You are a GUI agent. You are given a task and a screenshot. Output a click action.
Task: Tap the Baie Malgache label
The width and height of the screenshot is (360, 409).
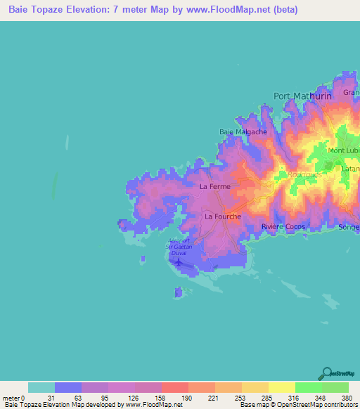coord(238,131)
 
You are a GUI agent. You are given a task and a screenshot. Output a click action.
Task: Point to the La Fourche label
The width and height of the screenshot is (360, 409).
coord(223,216)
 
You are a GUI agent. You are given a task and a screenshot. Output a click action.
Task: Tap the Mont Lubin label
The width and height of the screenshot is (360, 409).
coord(344,150)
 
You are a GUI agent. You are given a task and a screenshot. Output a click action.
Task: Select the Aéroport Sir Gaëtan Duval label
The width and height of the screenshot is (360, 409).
coord(179,247)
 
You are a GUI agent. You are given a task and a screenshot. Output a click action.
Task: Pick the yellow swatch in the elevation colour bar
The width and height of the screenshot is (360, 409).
coord(281,387)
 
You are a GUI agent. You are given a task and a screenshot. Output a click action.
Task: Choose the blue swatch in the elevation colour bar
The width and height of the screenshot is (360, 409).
coord(68,387)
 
